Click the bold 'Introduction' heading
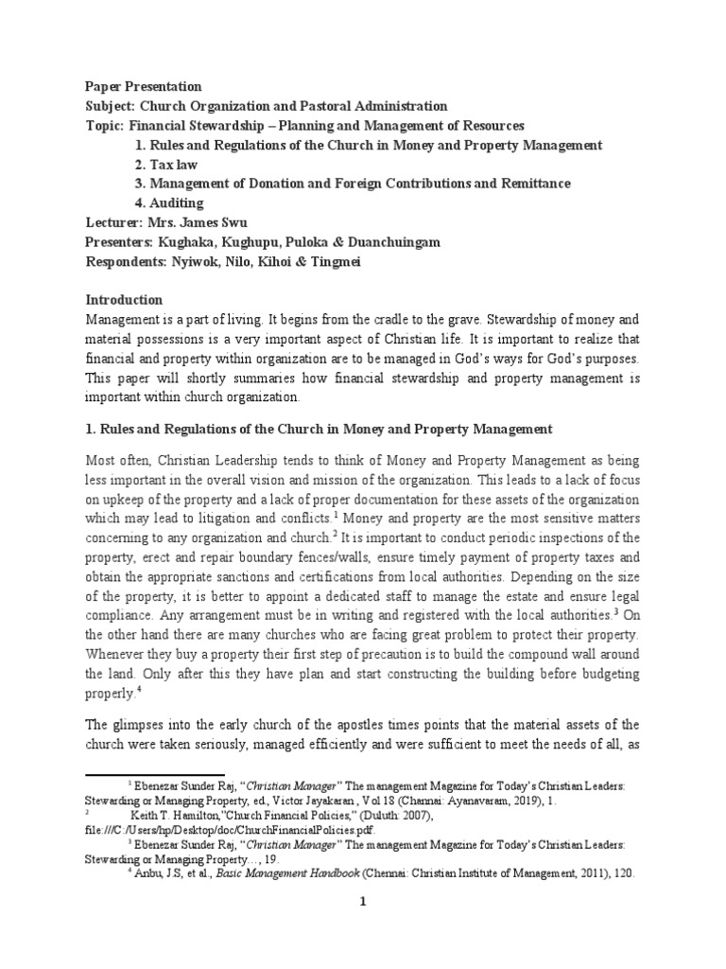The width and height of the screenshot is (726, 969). (124, 300)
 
